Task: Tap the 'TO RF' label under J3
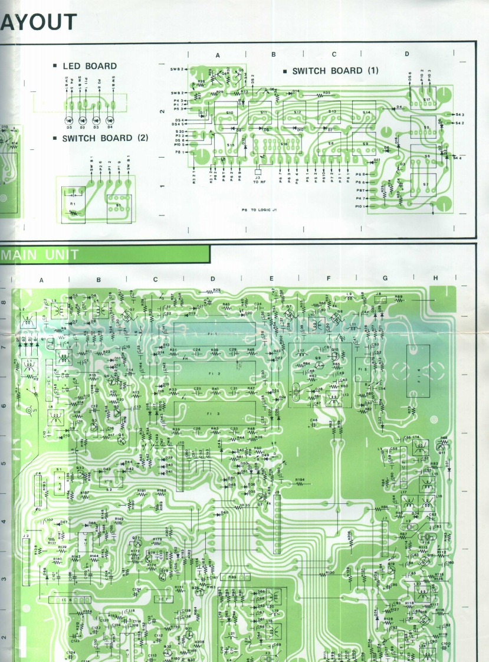coord(257,182)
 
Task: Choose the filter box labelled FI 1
coord(219,333)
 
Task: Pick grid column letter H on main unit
coord(435,278)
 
